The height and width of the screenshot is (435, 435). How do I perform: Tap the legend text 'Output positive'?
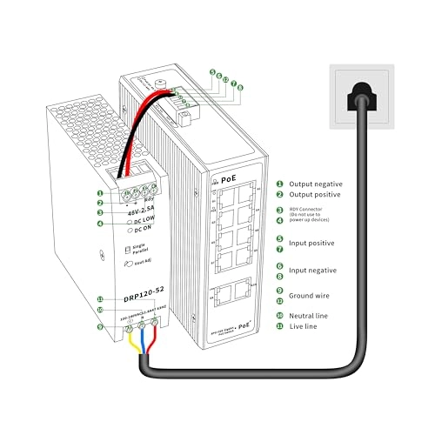tap(317, 195)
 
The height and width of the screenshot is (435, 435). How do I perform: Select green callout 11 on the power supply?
tap(101, 298)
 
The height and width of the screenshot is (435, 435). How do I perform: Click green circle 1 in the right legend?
tap(279, 184)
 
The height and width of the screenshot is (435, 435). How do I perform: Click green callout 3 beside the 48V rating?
tap(101, 211)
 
